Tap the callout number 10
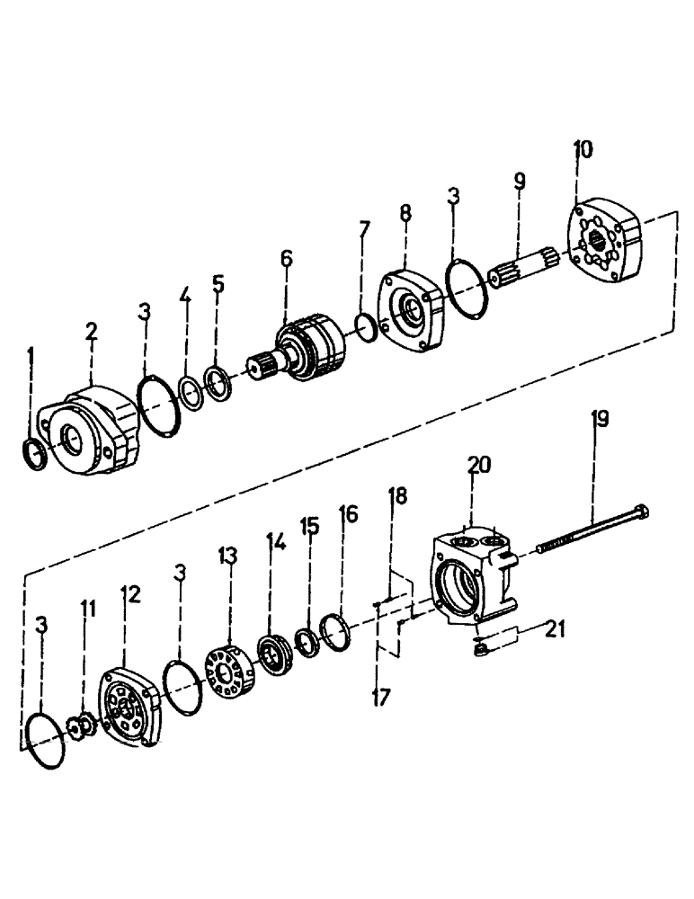pos(583,150)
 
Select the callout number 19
pos(599,420)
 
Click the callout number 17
pos(381,696)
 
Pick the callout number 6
pos(287,260)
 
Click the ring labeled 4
pos(190,394)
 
